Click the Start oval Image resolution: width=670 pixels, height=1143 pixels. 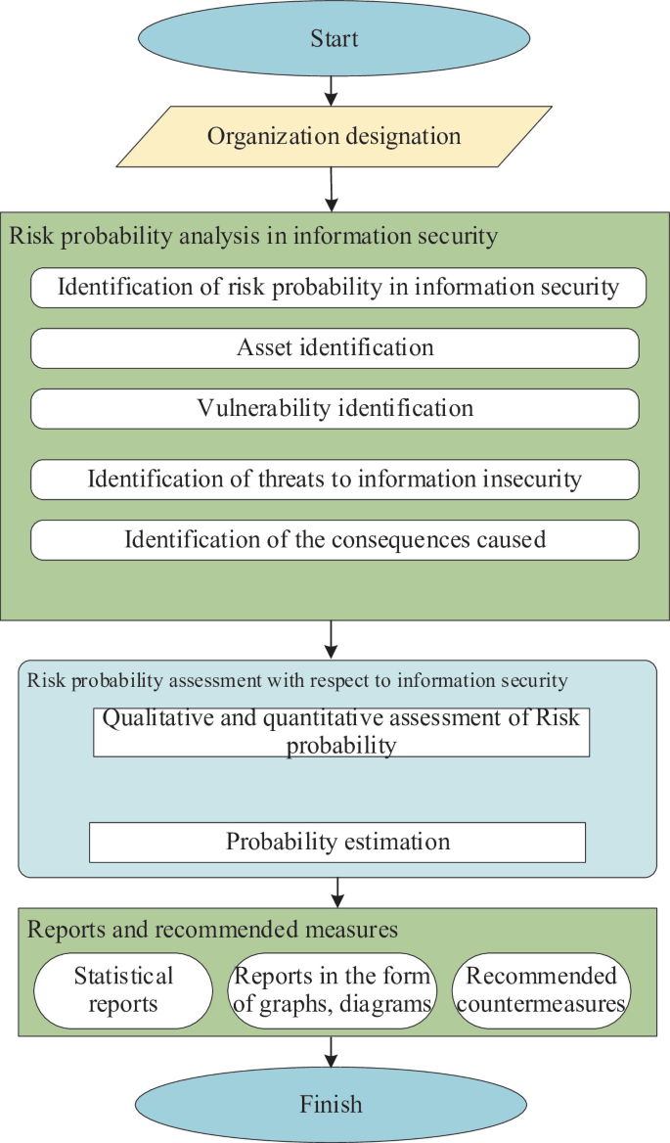[x=335, y=39]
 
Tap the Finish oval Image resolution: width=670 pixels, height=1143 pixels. [x=331, y=1105]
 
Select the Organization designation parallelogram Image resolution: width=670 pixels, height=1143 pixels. [x=334, y=136]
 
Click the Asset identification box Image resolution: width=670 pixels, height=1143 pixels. [x=335, y=347]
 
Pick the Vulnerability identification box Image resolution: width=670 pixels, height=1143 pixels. [x=335, y=408]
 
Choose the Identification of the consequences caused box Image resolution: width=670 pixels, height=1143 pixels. [x=335, y=539]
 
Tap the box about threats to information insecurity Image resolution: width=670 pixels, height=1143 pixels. [x=335, y=479]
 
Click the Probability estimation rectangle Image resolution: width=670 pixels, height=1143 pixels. [x=337, y=842]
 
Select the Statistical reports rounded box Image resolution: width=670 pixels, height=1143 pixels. [x=123, y=990]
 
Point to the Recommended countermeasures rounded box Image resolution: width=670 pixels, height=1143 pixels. [x=541, y=990]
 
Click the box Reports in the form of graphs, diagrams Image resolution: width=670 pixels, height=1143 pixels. [x=332, y=990]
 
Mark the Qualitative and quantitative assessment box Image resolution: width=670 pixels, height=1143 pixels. [x=341, y=732]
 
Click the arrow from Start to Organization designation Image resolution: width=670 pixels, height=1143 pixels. [x=331, y=91]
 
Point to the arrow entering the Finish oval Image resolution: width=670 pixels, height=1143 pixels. [x=332, y=1051]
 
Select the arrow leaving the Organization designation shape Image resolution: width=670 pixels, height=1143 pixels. [x=332, y=189]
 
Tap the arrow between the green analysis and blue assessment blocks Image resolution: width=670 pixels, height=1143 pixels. [x=332, y=639]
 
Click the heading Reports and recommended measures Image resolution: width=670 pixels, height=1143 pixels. [x=212, y=928]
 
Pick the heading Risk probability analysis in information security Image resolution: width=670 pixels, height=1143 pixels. [x=253, y=236]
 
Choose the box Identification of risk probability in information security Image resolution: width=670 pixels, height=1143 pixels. [x=338, y=287]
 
